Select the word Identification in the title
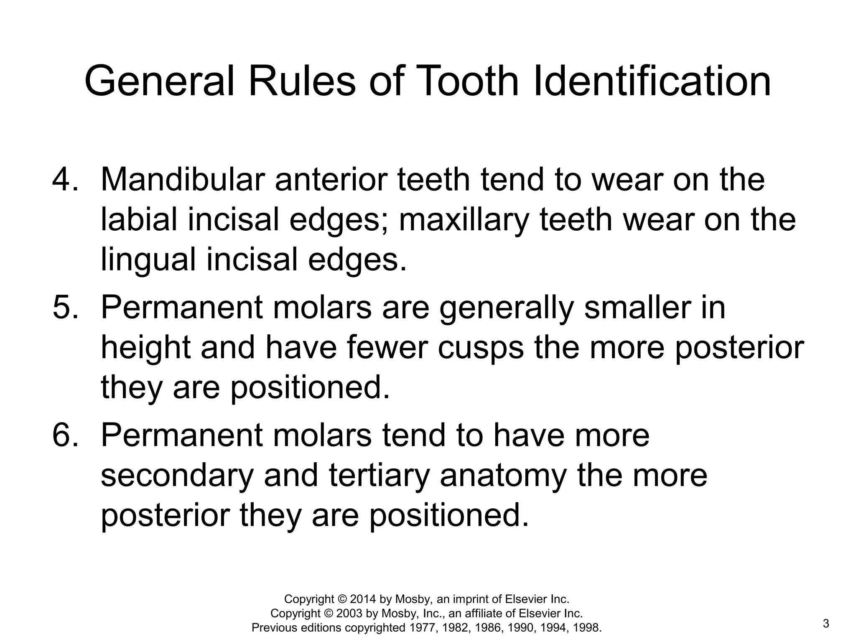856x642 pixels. (652, 81)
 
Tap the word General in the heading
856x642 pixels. (159, 81)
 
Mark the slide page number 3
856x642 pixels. (825, 624)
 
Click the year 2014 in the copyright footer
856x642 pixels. (363, 599)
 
